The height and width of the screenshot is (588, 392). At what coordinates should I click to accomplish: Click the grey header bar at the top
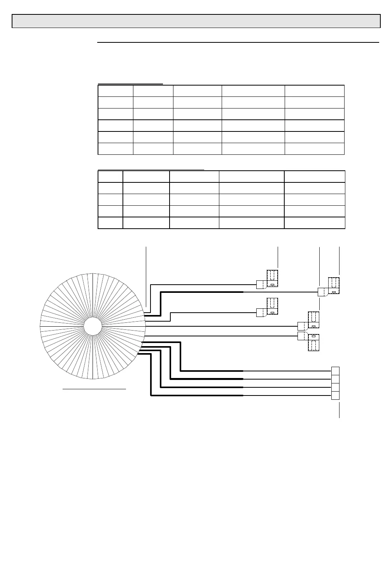tap(196, 21)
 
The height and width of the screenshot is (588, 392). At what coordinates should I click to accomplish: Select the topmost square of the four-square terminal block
tap(335, 371)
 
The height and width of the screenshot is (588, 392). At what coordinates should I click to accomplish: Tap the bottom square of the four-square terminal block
tap(335, 395)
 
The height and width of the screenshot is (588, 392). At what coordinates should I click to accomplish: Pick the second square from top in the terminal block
tap(335, 379)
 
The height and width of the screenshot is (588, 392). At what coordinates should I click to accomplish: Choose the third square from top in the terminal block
tap(335, 387)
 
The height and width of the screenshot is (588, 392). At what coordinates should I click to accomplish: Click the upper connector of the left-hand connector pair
tap(268, 280)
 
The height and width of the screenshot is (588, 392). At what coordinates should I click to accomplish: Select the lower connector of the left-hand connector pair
tap(268, 308)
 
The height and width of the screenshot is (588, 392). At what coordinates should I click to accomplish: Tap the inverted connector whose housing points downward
tap(309, 341)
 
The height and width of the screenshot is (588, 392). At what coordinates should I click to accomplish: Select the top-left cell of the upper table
tap(115, 91)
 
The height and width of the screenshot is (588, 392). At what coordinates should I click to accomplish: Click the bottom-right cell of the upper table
tap(314, 149)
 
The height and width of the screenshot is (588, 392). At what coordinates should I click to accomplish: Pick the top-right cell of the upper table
tap(314, 91)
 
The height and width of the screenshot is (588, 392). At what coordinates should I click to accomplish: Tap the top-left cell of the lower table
tap(110, 177)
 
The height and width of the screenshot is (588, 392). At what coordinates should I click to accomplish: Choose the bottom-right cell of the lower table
tap(315, 223)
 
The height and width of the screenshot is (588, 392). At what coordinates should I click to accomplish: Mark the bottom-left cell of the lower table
tap(110, 223)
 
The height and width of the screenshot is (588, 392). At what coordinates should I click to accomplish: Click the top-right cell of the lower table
tap(315, 177)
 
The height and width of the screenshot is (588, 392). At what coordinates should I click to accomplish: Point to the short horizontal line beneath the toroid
tap(94, 388)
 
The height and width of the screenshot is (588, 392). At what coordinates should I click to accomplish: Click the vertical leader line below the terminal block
tap(339, 410)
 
